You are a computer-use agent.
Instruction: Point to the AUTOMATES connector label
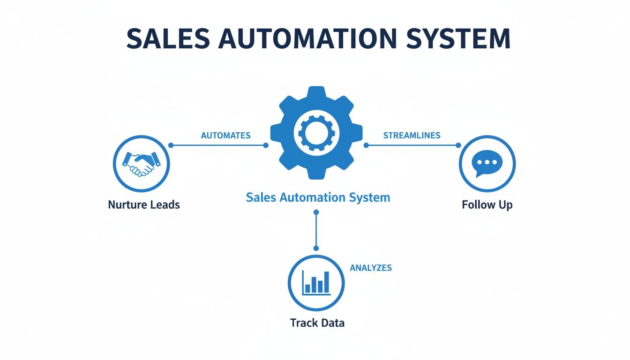coord(225,135)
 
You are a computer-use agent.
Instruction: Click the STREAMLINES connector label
coord(412,135)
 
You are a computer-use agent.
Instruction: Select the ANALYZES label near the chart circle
coord(371,268)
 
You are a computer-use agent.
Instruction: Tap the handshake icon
coord(141,164)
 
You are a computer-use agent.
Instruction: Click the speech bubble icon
coord(487,163)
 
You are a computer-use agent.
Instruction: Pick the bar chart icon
coord(316,283)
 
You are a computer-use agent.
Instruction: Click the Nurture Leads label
coord(144,205)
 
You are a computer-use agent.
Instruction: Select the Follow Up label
coord(487,205)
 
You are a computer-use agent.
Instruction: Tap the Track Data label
coord(317,323)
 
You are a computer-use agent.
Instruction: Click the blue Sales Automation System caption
coord(318,197)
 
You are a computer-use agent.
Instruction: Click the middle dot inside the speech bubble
coord(487,162)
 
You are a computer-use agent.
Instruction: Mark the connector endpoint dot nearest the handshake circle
coord(171,145)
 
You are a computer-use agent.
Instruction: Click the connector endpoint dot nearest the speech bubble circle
coord(459,145)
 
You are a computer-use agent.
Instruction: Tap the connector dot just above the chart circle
coord(316,248)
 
